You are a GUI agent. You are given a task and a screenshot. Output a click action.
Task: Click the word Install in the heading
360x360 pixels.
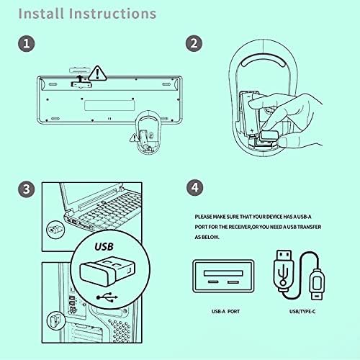tap(41, 14)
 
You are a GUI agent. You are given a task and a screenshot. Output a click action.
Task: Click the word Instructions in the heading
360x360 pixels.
tap(112, 14)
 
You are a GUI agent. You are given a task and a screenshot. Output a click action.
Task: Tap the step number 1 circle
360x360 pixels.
tap(27, 43)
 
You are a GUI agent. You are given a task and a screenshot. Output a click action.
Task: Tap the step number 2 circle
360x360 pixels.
tap(194, 43)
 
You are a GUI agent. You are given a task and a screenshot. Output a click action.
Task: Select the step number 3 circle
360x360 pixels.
tap(27, 189)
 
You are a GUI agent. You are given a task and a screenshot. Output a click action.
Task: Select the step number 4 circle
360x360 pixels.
tap(195, 187)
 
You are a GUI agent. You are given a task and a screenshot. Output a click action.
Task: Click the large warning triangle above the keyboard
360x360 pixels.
tap(97, 73)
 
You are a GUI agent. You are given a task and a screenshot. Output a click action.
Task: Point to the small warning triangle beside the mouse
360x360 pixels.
tap(134, 138)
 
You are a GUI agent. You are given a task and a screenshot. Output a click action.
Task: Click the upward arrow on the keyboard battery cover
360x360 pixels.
tap(80, 78)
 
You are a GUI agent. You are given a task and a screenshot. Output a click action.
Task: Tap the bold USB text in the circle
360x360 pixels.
tap(104, 247)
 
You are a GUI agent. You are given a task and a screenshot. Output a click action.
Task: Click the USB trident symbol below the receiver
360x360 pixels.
tap(107, 297)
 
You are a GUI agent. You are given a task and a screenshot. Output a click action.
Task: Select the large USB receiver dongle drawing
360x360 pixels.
tap(107, 271)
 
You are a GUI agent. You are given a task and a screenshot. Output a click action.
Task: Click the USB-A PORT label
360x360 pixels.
tap(225, 312)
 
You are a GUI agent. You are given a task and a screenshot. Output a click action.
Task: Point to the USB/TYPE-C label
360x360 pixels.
tap(302, 312)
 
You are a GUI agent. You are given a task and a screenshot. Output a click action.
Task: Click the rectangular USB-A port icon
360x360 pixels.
tap(223, 276)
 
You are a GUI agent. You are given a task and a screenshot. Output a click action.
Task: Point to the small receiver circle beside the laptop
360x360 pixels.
tap(55, 230)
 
